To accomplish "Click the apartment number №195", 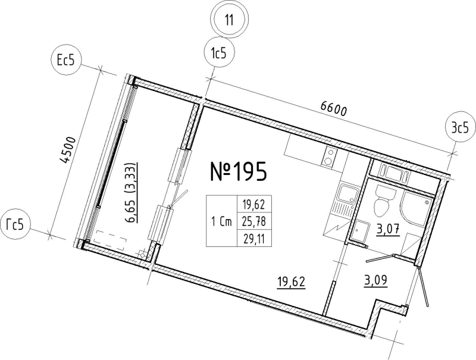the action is (239, 171).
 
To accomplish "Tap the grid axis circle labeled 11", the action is (230, 20).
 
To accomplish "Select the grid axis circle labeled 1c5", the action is (219, 54).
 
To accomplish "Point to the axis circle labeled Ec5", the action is (66, 61).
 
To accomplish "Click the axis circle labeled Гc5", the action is (15, 226).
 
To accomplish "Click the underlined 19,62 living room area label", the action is (291, 282).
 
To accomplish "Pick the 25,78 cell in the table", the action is (254, 222).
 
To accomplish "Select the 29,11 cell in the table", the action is (254, 239).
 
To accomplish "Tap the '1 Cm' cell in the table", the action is (221, 221).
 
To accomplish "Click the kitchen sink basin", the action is (347, 193).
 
